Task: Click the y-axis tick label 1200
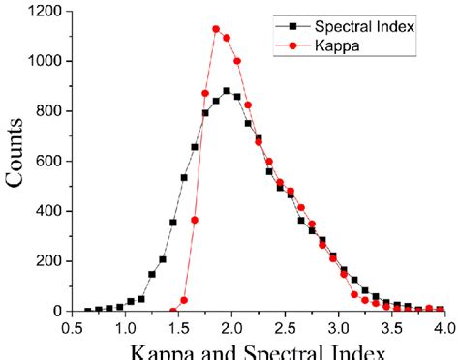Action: coord(46,12)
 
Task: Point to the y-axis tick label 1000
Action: coord(46,61)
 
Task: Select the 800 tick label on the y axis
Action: coord(49,111)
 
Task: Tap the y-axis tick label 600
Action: coord(49,161)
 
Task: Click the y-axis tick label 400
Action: coord(49,211)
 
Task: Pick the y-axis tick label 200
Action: coord(49,261)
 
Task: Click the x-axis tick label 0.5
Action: coord(72,329)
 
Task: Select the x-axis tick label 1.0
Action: coord(125,329)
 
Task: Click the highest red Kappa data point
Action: coord(216,29)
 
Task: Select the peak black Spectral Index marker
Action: coord(227,91)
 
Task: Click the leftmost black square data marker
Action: coord(88,311)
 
